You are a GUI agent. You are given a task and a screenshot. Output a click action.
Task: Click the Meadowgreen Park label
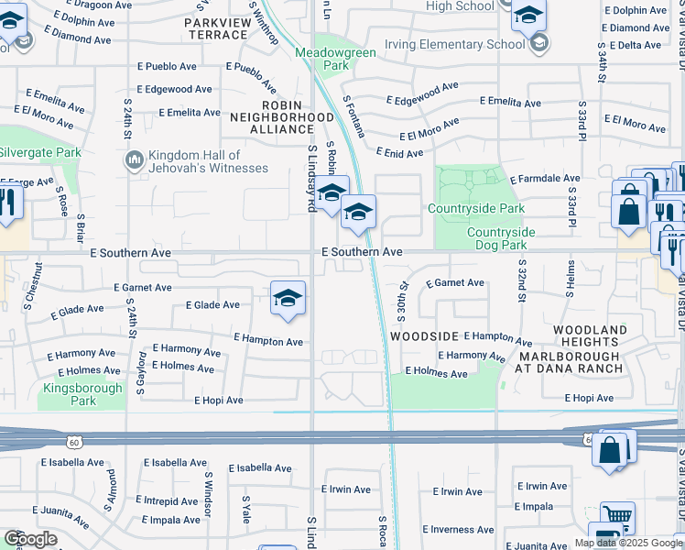[322, 59]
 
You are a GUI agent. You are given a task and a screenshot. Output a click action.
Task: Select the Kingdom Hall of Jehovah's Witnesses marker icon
[134, 161]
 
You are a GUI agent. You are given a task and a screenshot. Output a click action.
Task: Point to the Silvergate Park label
[40, 153]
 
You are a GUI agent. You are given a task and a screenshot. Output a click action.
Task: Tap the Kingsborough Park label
[82, 394]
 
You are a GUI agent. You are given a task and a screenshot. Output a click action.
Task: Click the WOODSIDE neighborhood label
[423, 336]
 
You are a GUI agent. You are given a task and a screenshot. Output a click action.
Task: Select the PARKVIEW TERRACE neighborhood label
[229, 28]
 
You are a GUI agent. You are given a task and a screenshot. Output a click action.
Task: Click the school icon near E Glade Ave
[288, 299]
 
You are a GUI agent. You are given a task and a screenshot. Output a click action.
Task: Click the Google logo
[30, 539]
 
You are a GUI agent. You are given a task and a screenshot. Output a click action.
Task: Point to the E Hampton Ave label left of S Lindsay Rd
[267, 341]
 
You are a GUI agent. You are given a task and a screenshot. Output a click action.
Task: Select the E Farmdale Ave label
[545, 179]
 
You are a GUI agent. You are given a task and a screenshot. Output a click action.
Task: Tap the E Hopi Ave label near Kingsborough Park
[218, 401]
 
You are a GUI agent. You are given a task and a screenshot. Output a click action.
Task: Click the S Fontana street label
[353, 117]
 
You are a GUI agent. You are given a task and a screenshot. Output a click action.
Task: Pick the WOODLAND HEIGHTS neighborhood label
[590, 335]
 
